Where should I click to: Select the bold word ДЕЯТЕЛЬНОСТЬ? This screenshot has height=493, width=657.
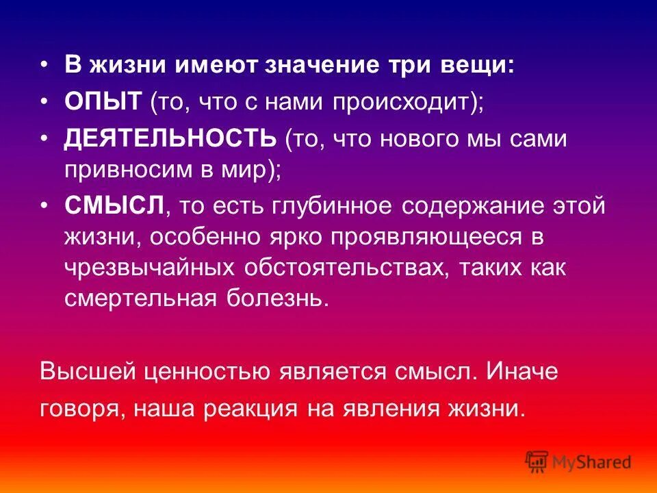[x=170, y=139]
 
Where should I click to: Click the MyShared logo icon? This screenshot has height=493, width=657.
[x=536, y=462]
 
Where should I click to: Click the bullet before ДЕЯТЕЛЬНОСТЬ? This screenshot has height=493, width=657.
[x=45, y=139]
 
